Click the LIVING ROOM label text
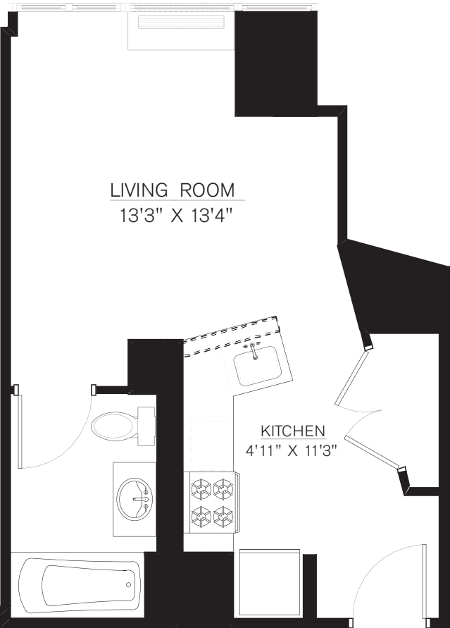click(x=172, y=190)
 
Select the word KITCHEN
click(x=292, y=431)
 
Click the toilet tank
click(x=146, y=426)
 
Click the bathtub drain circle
click(x=128, y=584)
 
